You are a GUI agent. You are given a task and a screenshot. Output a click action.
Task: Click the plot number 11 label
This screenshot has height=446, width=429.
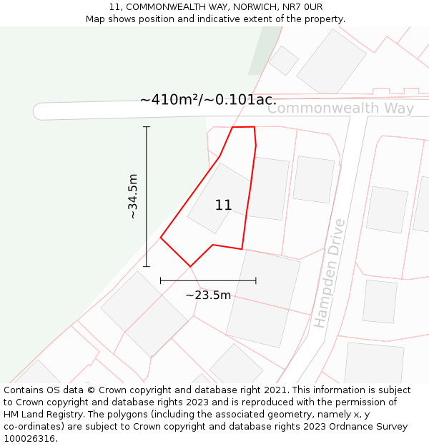223,206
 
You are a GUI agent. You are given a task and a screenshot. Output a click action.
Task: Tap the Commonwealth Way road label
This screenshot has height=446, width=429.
340,108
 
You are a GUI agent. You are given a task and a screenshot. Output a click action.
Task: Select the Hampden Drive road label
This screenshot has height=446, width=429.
329,273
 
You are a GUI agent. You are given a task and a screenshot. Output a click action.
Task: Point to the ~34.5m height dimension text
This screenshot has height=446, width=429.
132,196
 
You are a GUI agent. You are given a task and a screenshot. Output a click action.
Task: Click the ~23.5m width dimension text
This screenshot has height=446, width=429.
208,295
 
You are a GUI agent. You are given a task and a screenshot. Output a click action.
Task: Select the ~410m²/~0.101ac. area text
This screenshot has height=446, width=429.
208,100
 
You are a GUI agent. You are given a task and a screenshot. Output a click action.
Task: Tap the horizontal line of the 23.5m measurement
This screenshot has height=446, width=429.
207,280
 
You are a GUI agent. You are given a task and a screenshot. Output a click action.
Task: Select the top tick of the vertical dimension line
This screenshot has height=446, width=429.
147,127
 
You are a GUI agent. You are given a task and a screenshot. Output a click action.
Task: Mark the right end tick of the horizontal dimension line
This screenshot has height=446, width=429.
255,280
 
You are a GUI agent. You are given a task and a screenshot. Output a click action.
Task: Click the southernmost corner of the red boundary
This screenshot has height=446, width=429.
190,267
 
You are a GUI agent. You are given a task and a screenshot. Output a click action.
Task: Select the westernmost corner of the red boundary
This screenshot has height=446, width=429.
161,238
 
